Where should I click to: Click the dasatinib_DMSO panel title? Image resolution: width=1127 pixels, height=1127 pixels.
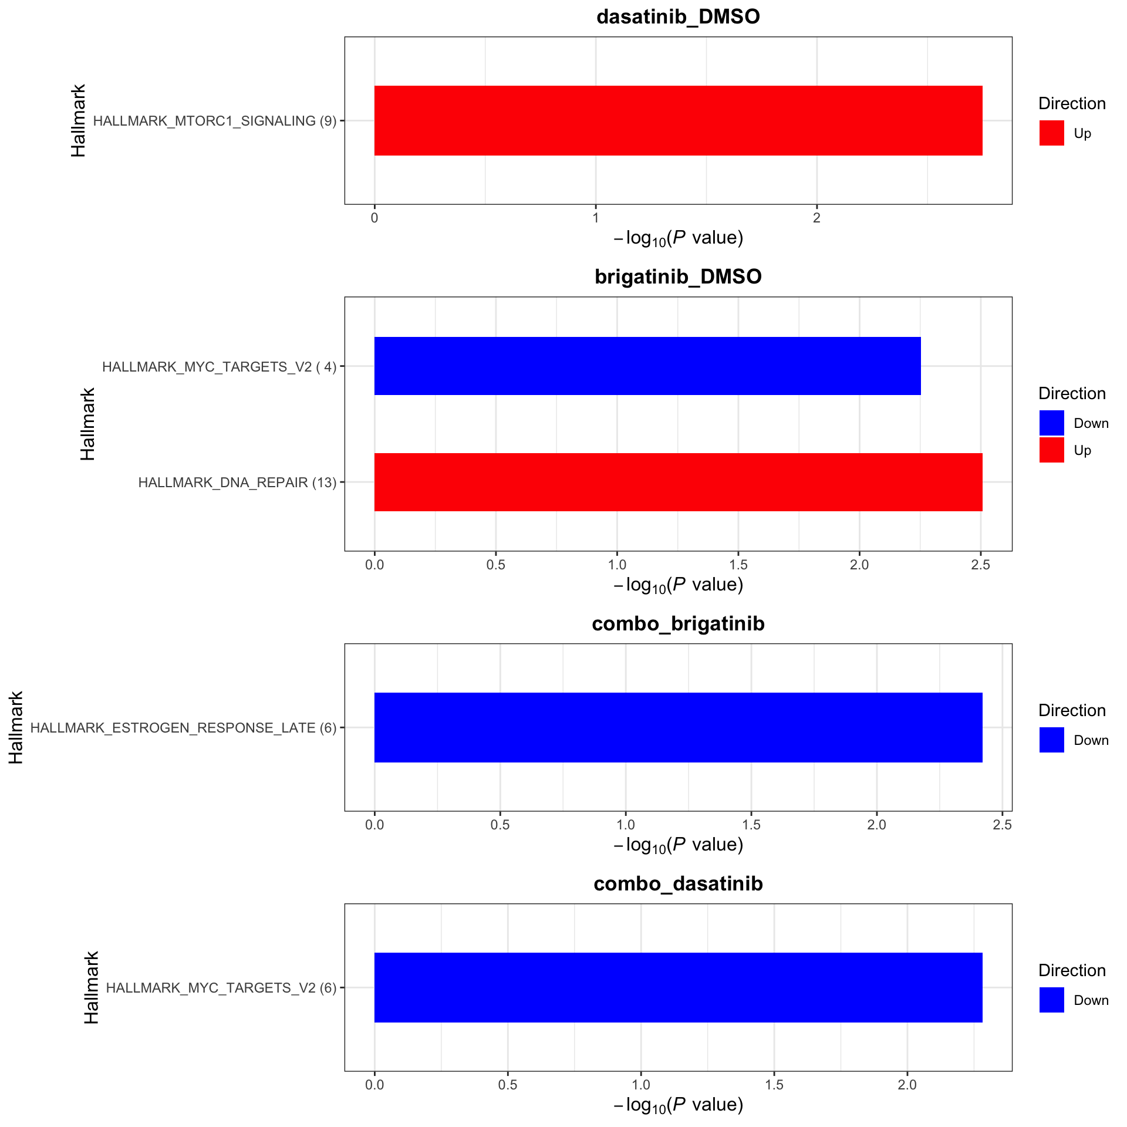[678, 17]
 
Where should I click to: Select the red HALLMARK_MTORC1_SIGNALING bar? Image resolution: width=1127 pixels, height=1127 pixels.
[678, 120]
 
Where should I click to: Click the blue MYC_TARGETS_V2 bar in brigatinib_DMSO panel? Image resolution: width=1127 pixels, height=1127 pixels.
[647, 366]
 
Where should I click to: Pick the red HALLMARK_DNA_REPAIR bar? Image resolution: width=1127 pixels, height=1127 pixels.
[678, 482]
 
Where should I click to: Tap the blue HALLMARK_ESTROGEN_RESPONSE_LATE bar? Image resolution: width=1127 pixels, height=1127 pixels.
[678, 727]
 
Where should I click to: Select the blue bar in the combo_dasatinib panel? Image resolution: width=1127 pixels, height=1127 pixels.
[678, 987]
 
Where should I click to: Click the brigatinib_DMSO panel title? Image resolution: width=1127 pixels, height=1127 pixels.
[678, 276]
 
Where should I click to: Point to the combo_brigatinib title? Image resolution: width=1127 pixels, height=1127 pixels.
[678, 623]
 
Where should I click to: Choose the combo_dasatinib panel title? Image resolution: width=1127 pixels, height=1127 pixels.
[678, 883]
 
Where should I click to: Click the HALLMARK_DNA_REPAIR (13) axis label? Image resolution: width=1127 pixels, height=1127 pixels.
[237, 482]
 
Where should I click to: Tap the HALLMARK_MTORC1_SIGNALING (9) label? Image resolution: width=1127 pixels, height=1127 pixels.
[215, 121]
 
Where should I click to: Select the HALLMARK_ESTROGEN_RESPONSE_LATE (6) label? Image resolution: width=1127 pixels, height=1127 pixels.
[183, 728]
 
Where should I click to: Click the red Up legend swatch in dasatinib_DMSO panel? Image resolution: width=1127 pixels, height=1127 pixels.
[1051, 133]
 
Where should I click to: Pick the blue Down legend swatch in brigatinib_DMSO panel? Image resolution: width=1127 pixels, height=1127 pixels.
[1051, 423]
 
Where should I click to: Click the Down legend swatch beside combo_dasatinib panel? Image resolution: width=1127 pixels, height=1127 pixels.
[1051, 1000]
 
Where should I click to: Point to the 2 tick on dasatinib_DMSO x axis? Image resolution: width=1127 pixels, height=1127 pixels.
[816, 218]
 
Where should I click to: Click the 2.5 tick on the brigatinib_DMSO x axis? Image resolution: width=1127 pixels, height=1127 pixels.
[980, 565]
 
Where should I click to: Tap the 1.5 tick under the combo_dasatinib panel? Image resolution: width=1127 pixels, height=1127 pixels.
[774, 1085]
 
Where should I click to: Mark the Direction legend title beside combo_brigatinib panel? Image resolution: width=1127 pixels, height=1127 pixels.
[1072, 710]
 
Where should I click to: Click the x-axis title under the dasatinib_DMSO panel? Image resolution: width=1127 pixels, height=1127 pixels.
[678, 238]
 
